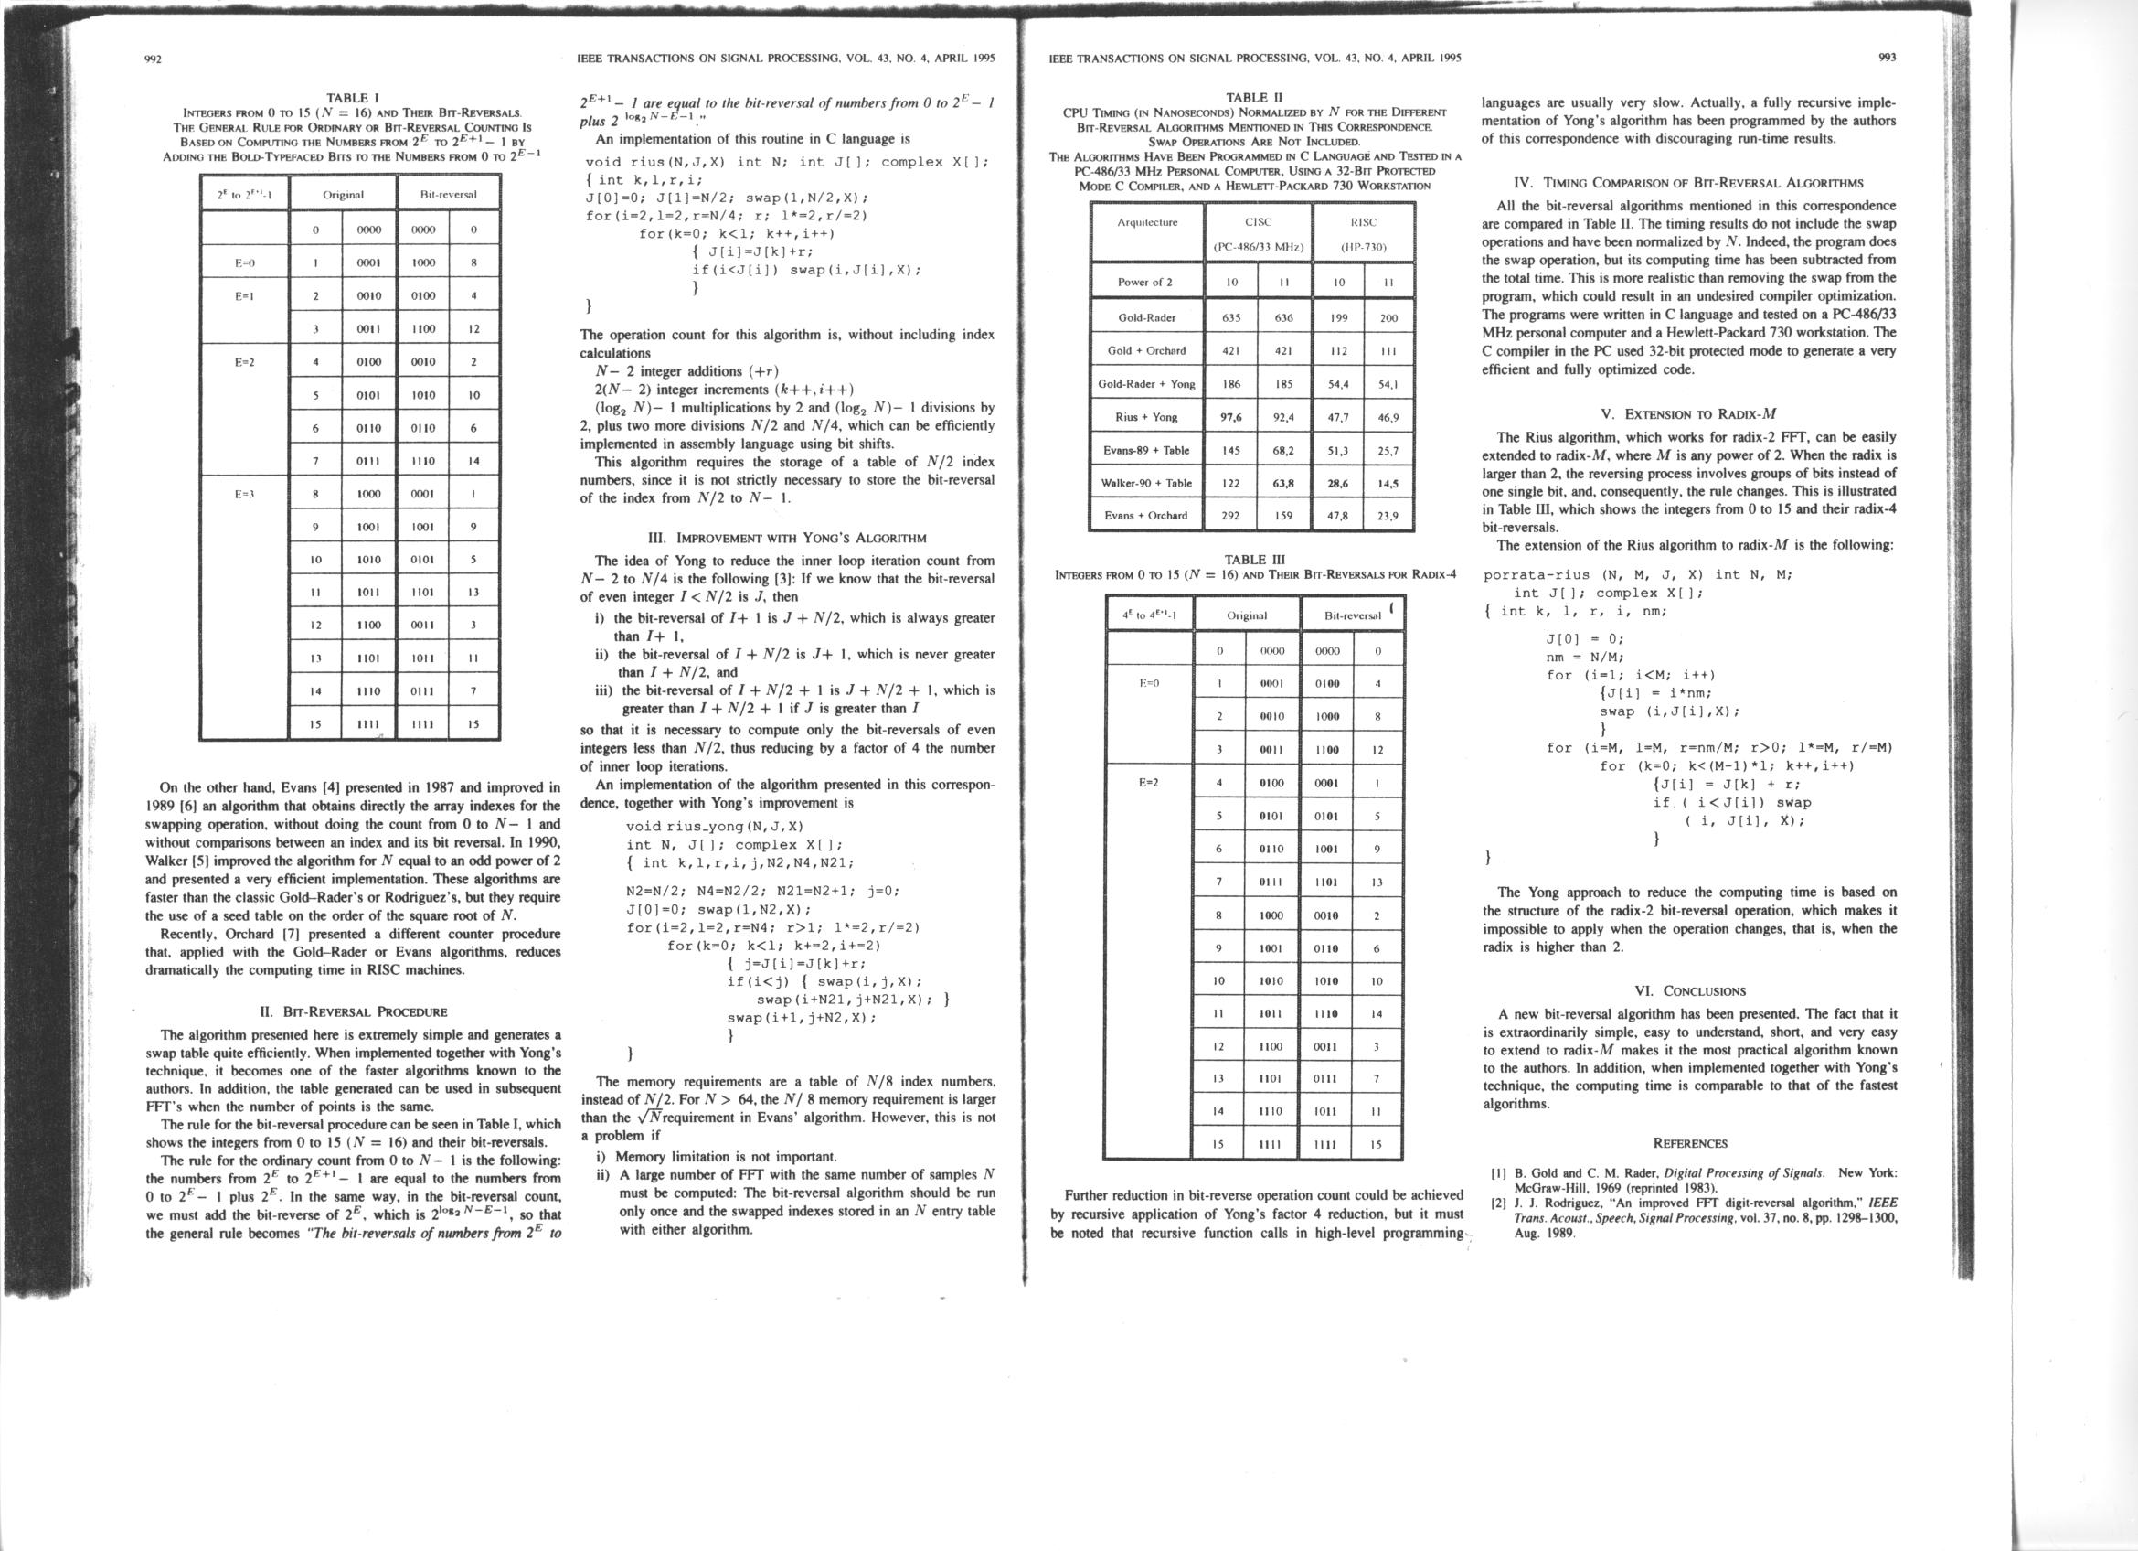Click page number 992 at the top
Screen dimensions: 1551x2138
[154, 59]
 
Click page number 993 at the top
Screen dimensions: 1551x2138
[1888, 58]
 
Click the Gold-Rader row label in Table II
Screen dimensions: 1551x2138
[1146, 317]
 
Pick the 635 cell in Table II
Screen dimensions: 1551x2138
[1231, 317]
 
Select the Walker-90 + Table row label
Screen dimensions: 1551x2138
[1146, 483]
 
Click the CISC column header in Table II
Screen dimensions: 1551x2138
[1258, 222]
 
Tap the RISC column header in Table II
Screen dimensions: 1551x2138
[1363, 222]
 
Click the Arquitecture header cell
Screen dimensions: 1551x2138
[1146, 222]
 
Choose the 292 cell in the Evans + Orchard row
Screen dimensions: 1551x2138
[1231, 516]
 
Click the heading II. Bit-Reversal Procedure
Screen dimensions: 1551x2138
[353, 1012]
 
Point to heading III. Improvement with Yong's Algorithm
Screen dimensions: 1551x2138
[787, 539]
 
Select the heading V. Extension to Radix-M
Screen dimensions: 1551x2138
[1689, 413]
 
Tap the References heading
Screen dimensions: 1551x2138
[1689, 1144]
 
